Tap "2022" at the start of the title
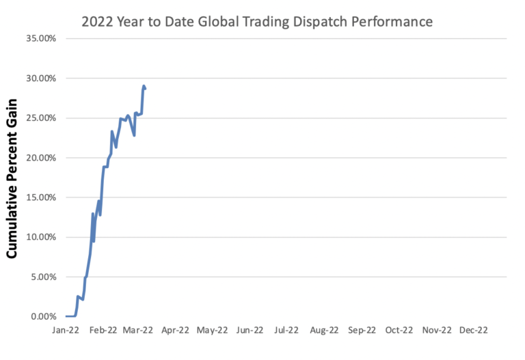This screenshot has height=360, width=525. (98, 21)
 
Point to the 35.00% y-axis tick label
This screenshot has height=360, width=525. (42, 38)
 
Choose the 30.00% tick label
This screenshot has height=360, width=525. (42, 78)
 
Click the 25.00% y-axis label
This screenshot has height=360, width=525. (42, 117)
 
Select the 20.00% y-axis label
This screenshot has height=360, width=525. (42, 157)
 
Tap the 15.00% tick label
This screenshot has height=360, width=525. (42, 197)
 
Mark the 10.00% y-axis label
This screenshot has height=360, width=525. (42, 237)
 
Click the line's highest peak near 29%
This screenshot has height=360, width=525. (144, 85)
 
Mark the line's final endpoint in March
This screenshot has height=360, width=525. (145, 88)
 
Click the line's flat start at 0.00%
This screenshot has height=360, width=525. (70, 316)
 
